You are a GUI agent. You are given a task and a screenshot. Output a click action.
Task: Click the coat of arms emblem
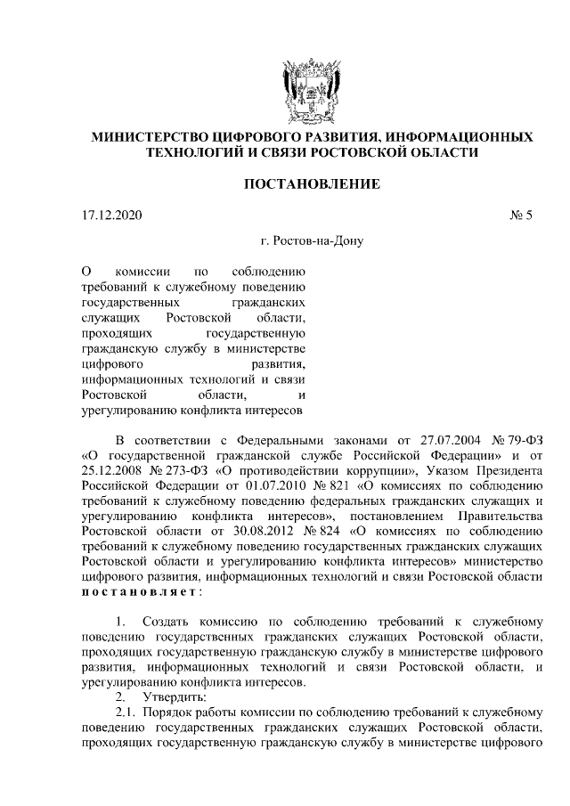(313, 87)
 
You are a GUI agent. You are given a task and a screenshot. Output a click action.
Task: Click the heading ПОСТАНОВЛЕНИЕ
(313, 184)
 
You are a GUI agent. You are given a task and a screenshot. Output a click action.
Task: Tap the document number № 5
(518, 215)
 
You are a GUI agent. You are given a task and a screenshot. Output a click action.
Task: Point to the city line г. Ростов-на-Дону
(313, 240)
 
